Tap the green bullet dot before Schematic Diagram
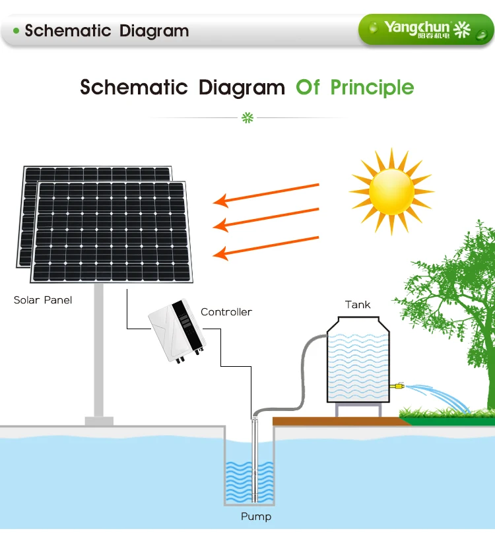[16, 30]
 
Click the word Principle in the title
[372, 87]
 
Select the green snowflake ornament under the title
[247, 118]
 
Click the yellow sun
[391, 191]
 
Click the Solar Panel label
[43, 300]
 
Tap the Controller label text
[226, 312]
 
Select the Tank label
[358, 305]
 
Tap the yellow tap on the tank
[397, 385]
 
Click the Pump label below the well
[255, 517]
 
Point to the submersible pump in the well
[255, 462]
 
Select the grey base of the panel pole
[99, 420]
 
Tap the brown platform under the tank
[337, 421]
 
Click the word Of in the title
[308, 87]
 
